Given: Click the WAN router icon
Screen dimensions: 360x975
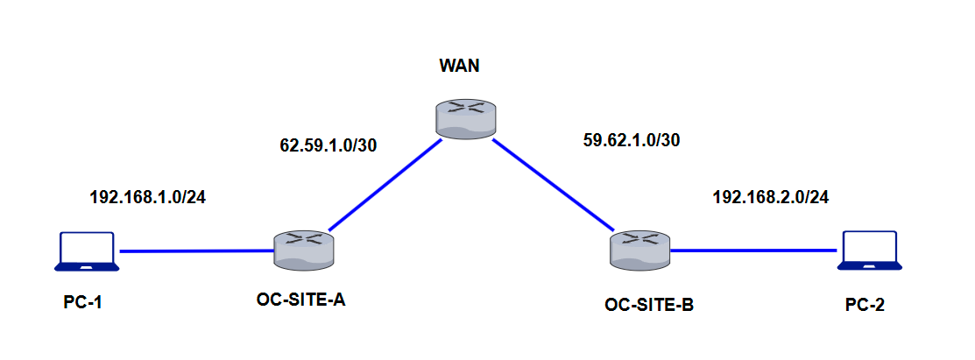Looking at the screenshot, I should [465, 118].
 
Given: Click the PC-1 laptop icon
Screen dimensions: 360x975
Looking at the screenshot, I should [85, 251].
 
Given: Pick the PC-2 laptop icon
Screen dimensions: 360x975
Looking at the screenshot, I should [868, 251].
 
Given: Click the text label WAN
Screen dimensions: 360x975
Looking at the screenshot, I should [459, 67].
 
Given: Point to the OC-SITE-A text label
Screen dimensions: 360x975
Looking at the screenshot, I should [300, 300].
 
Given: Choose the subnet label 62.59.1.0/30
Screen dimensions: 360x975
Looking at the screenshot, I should [328, 145].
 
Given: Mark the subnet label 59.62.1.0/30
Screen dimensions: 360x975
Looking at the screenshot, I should [630, 139].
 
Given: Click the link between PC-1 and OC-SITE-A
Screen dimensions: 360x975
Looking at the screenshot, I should [197, 251].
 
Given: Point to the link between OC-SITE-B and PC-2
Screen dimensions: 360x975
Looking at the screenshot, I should [753, 251].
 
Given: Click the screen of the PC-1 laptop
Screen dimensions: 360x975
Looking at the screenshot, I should [85, 247].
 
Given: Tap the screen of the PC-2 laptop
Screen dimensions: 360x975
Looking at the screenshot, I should [868, 246].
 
